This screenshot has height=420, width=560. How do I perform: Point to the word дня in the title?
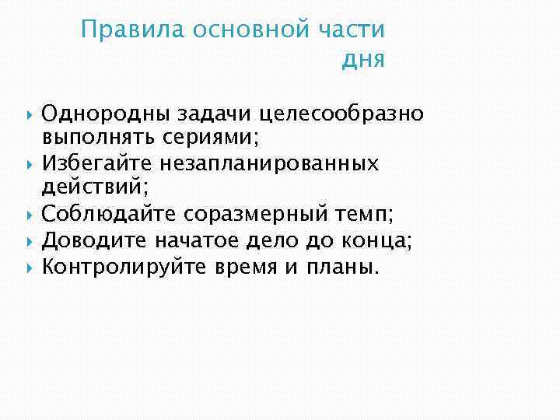(x=362, y=60)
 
